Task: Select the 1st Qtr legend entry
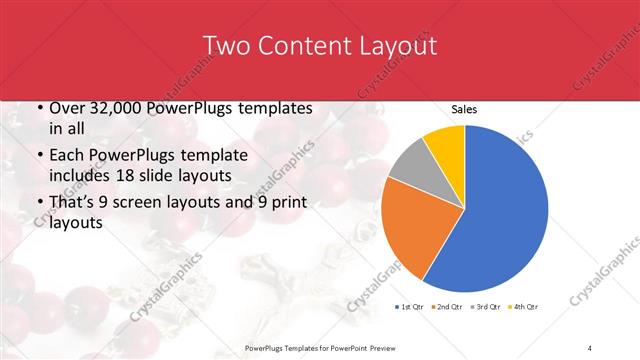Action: [x=410, y=306]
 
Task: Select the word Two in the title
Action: [x=226, y=46]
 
